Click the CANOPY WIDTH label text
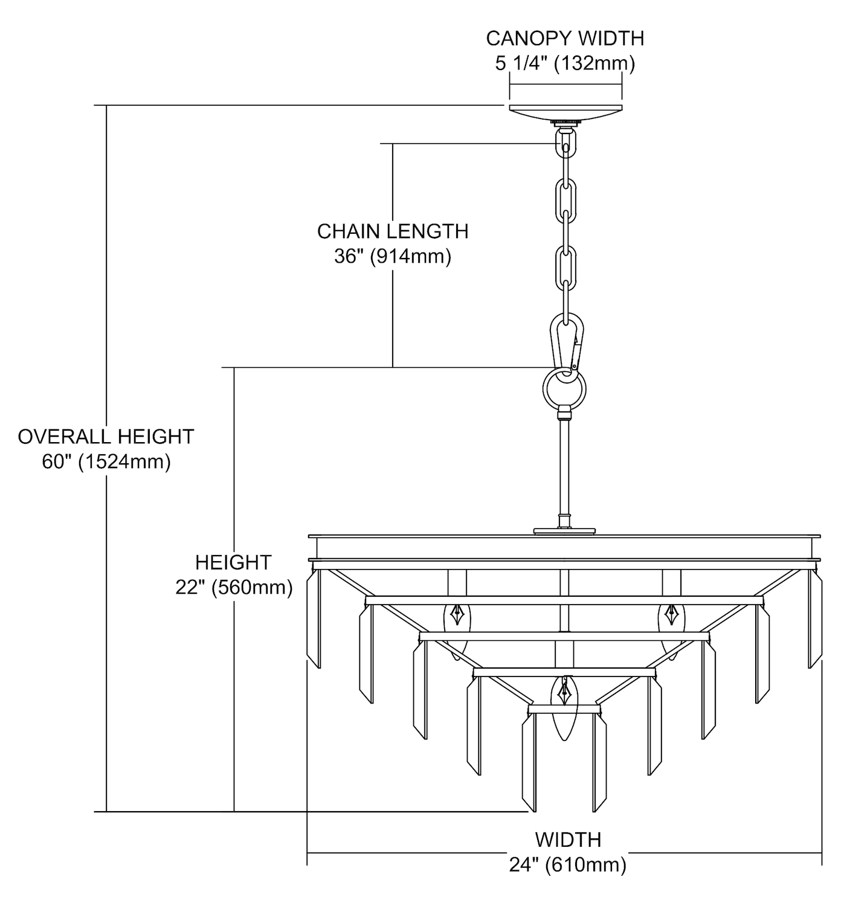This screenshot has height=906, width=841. pyautogui.click(x=565, y=38)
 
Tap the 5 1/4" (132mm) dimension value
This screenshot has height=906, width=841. pyautogui.click(x=565, y=63)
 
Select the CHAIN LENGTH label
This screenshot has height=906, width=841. pyautogui.click(x=393, y=231)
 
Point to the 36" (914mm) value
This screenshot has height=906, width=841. pyautogui.click(x=393, y=257)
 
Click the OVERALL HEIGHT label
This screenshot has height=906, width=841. pyautogui.click(x=106, y=436)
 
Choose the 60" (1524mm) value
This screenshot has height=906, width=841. pyautogui.click(x=106, y=461)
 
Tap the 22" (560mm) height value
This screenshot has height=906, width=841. pyautogui.click(x=234, y=587)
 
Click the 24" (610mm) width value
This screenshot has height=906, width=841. pyautogui.click(x=567, y=865)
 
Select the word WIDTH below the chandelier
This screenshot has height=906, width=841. pyautogui.click(x=568, y=839)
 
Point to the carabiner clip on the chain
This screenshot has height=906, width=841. pyautogui.click(x=567, y=344)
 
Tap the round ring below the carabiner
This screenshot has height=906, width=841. pyautogui.click(x=565, y=386)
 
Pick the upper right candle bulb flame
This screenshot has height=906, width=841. pyautogui.click(x=671, y=615)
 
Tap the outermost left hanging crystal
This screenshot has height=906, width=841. pyautogui.click(x=314, y=619)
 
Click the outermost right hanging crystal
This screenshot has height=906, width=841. pyautogui.click(x=816, y=619)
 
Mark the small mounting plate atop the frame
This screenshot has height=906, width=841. pyautogui.click(x=564, y=531)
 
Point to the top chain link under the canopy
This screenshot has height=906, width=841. pyautogui.click(x=565, y=146)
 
